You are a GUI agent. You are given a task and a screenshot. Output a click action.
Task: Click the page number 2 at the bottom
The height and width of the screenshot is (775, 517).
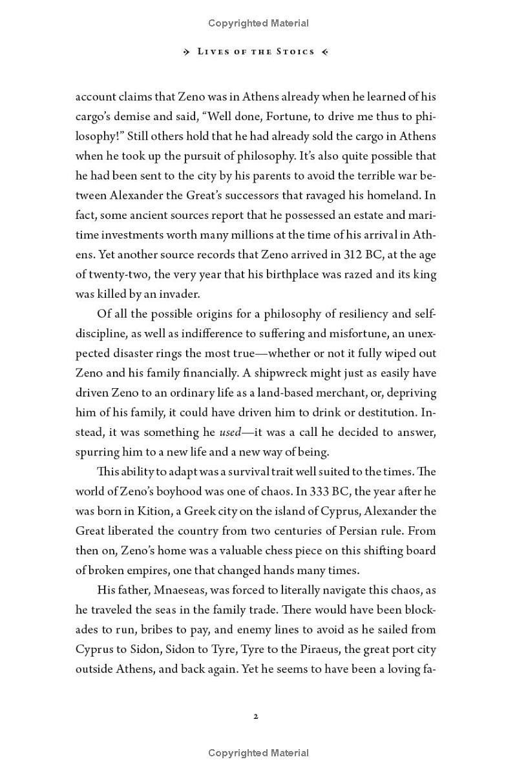tap(257, 716)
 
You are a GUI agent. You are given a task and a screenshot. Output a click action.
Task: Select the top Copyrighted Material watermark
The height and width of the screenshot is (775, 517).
tap(258, 23)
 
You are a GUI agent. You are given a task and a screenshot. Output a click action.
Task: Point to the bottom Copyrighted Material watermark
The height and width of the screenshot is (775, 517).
tap(258, 753)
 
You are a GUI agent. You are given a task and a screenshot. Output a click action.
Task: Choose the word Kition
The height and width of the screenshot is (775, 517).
tap(153, 511)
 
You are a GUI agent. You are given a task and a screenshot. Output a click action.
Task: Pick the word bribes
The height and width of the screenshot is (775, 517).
tap(175, 630)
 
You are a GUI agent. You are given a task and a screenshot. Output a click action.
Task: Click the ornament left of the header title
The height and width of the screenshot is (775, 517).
tap(187, 52)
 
